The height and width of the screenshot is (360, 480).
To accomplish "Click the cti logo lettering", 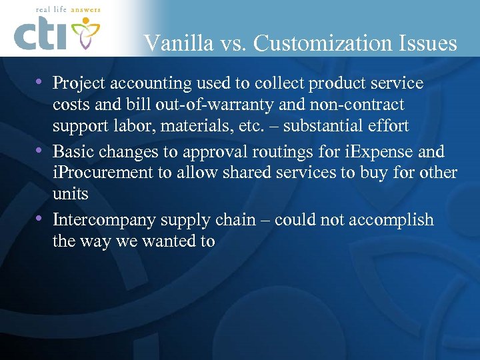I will pyautogui.click(x=41, y=35).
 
